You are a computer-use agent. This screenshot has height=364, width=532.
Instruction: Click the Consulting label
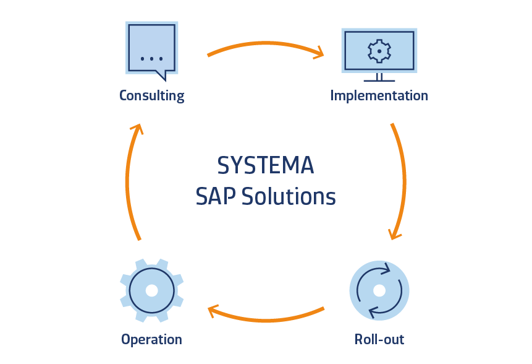pyautogui.click(x=151, y=96)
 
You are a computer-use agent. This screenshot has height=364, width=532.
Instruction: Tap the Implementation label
pyautogui.click(x=379, y=96)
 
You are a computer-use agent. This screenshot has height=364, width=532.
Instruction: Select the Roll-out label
pyautogui.click(x=379, y=339)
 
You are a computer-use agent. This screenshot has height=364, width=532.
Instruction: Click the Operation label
pyautogui.click(x=151, y=340)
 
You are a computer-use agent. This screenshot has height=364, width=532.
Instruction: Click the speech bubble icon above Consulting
pyautogui.click(x=151, y=50)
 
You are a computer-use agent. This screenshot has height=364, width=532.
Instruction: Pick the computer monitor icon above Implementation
pyautogui.click(x=379, y=51)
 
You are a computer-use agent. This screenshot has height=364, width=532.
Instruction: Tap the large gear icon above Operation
pyautogui.click(x=151, y=290)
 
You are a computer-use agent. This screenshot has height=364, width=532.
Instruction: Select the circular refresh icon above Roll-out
pyautogui.click(x=379, y=290)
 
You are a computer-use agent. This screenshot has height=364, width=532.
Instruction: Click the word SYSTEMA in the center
pyautogui.click(x=266, y=166)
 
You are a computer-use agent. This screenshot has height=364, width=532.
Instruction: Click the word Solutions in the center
pyautogui.click(x=289, y=197)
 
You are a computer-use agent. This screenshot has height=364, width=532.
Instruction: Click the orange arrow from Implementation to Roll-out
pyautogui.click(x=403, y=180)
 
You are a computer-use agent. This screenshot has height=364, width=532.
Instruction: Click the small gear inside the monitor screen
pyautogui.click(x=379, y=51)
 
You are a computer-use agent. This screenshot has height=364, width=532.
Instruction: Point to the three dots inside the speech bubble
pyautogui.click(x=151, y=59)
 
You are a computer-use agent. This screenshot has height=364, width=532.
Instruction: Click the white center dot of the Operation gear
pyautogui.click(x=151, y=290)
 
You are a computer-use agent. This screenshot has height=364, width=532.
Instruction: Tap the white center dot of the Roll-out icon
pyautogui.click(x=379, y=290)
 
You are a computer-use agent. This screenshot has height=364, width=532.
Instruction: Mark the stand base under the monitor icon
pyautogui.click(x=379, y=80)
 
